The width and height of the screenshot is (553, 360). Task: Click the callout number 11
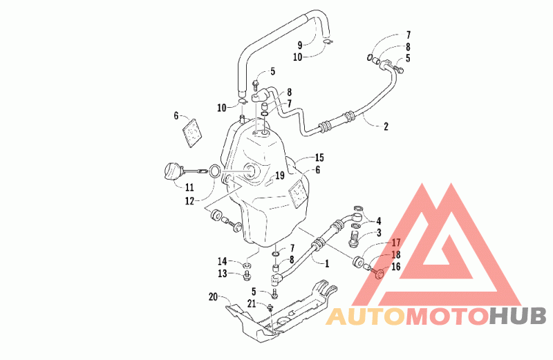click(x=189, y=187)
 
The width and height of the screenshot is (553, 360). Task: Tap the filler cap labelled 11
click(x=173, y=172)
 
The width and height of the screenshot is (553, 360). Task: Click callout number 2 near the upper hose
click(x=386, y=126)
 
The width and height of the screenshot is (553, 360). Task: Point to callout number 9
click(x=300, y=45)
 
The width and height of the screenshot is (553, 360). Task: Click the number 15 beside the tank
click(x=319, y=158)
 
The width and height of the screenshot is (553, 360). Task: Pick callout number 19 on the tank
click(x=280, y=176)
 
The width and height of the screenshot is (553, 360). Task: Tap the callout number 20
click(x=213, y=297)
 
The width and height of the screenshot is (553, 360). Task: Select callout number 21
click(x=252, y=303)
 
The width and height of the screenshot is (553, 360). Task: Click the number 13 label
click(x=222, y=274)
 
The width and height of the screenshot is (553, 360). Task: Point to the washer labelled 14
click(x=247, y=265)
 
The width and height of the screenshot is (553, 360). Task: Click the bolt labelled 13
click(x=247, y=276)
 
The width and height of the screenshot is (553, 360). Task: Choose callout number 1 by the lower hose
click(x=327, y=263)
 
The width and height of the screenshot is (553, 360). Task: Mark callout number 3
click(x=379, y=233)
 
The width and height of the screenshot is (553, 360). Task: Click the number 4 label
click(x=379, y=221)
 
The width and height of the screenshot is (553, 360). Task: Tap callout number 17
click(x=396, y=243)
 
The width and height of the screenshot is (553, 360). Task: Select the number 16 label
click(x=396, y=266)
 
